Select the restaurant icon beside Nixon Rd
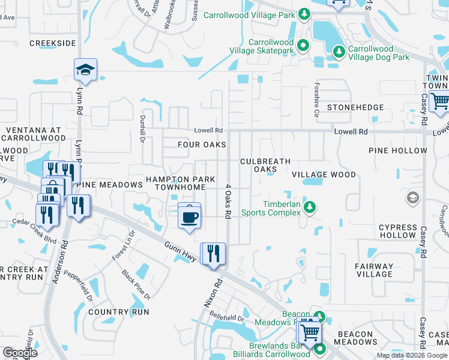[x=213, y=254]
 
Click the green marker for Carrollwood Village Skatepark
[x=304, y=44]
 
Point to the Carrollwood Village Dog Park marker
[x=339, y=52]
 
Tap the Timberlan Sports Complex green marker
[x=310, y=208]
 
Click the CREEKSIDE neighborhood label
[x=53, y=43]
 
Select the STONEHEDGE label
[x=355, y=107]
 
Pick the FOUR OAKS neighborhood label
[x=202, y=145]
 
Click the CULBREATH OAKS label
[x=265, y=165]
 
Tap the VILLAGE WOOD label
[x=324, y=175]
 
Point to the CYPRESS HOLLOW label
[x=397, y=231]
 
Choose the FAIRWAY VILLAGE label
[x=374, y=270]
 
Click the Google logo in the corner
[x=20, y=353]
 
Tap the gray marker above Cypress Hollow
[x=412, y=197]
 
